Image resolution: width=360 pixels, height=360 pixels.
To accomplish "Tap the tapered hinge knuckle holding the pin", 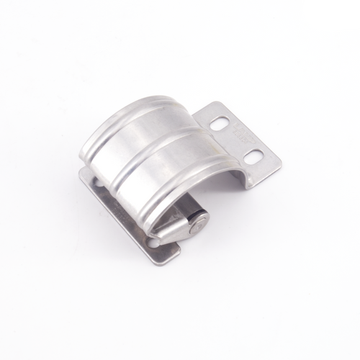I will pos(180,230).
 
